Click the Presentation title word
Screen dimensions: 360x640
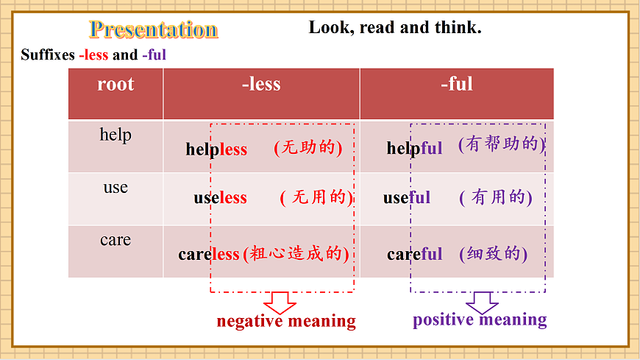click(154, 29)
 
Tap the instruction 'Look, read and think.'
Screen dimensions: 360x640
click(395, 28)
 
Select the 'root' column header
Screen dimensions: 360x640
click(115, 84)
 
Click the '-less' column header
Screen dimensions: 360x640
click(261, 84)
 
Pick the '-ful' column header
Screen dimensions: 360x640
click(456, 84)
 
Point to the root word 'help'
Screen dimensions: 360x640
click(115, 135)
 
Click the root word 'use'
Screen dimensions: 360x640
click(115, 188)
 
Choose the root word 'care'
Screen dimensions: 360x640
click(115, 240)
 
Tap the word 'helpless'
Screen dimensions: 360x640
click(216, 149)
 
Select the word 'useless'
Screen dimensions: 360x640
click(220, 198)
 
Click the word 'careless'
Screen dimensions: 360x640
click(209, 255)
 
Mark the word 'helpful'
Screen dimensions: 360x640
click(414, 149)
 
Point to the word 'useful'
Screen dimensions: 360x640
click(406, 198)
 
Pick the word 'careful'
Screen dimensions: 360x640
click(415, 255)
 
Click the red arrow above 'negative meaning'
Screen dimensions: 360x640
click(280, 303)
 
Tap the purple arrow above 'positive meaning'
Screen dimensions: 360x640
click(482, 303)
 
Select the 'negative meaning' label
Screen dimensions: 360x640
click(286, 322)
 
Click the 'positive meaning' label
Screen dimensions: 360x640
click(480, 320)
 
